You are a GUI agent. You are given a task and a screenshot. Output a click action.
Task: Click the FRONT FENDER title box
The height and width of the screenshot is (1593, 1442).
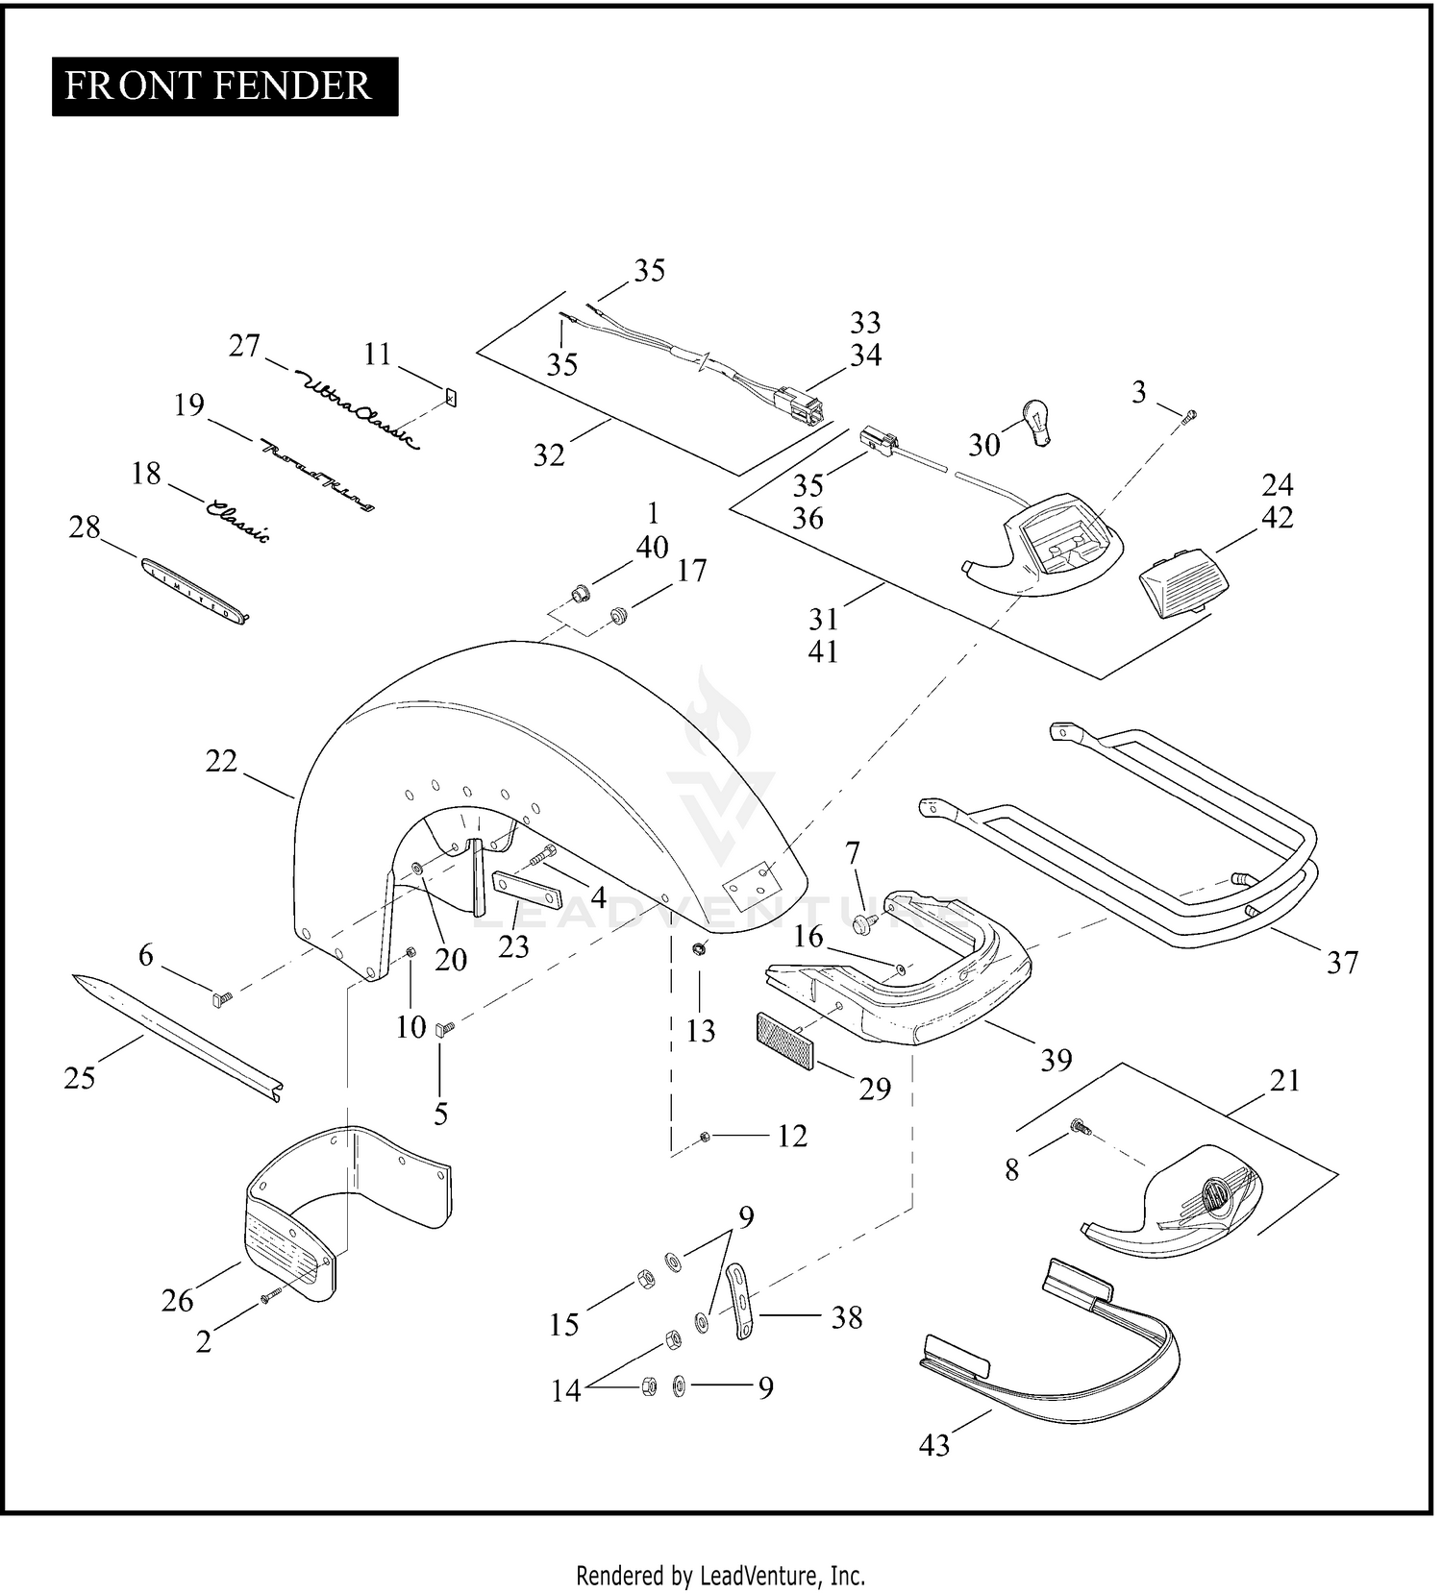[224, 86]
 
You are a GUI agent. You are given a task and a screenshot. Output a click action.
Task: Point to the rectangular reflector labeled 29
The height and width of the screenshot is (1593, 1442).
[785, 1040]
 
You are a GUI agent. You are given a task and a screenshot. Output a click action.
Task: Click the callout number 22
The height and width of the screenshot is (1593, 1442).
[221, 761]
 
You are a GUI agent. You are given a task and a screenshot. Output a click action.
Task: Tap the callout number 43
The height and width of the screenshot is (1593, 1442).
[933, 1444]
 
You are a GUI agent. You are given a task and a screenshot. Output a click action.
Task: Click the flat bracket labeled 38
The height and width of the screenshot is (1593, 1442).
[739, 1302]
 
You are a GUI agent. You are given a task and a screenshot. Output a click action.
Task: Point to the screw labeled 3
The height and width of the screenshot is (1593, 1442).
[1191, 415]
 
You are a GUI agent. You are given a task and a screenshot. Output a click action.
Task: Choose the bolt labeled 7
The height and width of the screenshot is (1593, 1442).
[863, 923]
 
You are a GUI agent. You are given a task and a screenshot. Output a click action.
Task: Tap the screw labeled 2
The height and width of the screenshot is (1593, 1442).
[269, 1298]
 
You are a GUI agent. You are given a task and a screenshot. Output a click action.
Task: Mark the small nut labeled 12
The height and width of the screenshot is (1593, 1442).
[705, 1137]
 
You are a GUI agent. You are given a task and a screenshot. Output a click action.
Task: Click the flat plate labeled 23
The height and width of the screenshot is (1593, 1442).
[527, 889]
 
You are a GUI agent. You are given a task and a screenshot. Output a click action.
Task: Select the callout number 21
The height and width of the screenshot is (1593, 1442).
[1284, 1081]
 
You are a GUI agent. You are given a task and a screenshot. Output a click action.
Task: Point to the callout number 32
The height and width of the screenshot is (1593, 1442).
[549, 454]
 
